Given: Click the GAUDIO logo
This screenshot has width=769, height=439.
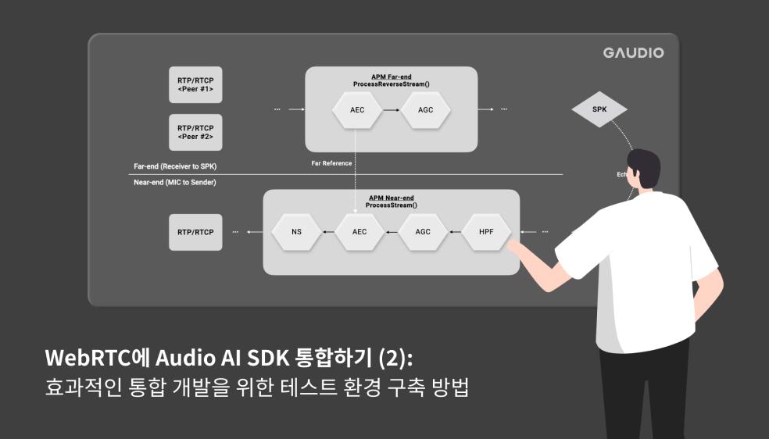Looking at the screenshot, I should tap(633, 53).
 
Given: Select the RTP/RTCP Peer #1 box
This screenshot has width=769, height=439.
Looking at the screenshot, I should tap(195, 85).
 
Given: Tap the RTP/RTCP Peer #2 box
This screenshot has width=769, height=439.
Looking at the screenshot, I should tap(195, 132).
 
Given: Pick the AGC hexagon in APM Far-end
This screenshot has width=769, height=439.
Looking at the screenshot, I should tap(425, 109).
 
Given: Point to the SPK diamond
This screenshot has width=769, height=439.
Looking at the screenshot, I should tap(599, 109).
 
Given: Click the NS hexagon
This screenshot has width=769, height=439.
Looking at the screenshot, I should tap(296, 232).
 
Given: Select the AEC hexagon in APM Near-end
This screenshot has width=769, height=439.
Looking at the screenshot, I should tap(359, 232).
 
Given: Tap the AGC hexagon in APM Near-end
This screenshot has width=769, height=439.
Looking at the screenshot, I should tap(424, 232).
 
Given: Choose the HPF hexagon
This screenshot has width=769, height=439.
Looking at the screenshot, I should tap(487, 232).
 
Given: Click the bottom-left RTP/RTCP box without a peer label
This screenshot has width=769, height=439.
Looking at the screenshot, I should tap(195, 232).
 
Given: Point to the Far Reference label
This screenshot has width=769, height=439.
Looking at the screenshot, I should tap(331, 163).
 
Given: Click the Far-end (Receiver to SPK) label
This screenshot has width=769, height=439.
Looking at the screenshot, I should tap(176, 166).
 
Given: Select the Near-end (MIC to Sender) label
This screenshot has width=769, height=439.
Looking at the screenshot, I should tap(175, 182).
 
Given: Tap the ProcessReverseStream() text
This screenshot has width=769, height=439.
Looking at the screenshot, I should tap(392, 82).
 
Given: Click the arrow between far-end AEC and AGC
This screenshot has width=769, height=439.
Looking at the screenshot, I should tap(391, 109).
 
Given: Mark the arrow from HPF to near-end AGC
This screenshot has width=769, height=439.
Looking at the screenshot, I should tap(455, 232).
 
